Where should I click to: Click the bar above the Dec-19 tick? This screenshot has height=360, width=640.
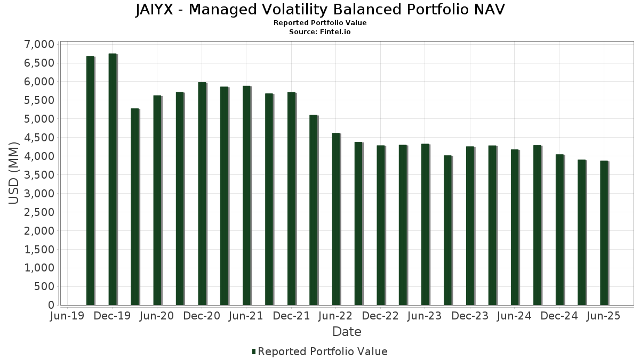pyautogui.click(x=113, y=179)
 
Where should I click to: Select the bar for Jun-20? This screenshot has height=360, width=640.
pyautogui.click(x=157, y=200)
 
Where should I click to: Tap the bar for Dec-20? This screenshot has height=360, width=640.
pyautogui.click(x=202, y=194)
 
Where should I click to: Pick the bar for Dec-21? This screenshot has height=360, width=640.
pyautogui.click(x=291, y=198)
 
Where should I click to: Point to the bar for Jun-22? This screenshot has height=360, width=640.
pyautogui.click(x=336, y=219)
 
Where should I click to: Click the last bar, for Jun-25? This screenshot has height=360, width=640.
pyautogui.click(x=604, y=233)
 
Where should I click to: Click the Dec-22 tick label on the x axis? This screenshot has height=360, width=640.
pyautogui.click(x=381, y=316)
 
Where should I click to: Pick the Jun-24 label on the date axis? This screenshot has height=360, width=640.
pyautogui.click(x=515, y=316)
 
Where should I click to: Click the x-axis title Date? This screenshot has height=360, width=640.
pyautogui.click(x=347, y=332)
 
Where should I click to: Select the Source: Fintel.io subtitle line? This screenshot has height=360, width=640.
pyautogui.click(x=320, y=31)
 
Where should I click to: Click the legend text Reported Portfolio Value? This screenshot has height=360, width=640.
pyautogui.click(x=322, y=351)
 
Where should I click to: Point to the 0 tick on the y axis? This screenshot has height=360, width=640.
pyautogui.click(x=51, y=305)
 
